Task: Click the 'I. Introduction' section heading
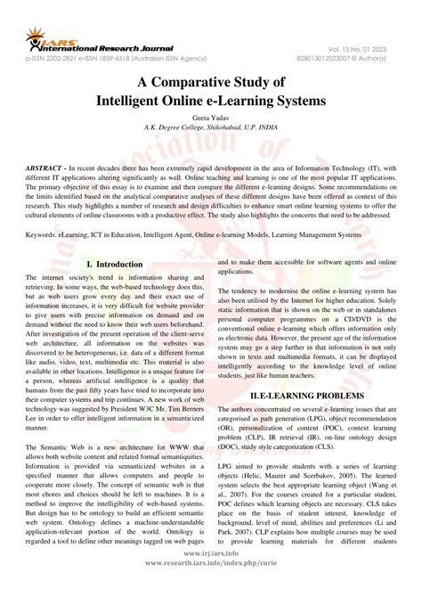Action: [x=114, y=265]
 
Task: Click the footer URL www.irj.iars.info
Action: [x=211, y=577]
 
